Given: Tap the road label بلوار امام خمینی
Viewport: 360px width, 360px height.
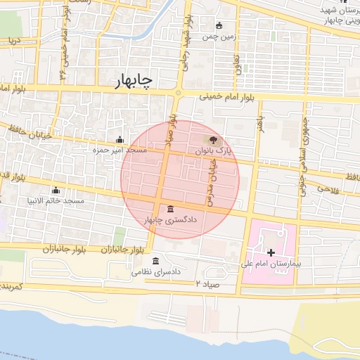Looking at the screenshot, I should [224, 96].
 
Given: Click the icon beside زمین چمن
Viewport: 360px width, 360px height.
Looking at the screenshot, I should [220, 26].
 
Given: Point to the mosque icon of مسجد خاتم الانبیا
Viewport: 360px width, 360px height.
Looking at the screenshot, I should [56, 190].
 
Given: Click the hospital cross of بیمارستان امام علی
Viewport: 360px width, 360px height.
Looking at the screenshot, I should [271, 252].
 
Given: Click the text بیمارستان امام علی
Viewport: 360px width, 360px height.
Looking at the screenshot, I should [271, 263].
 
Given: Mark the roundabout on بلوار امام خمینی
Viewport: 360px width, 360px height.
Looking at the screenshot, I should [179, 92].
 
